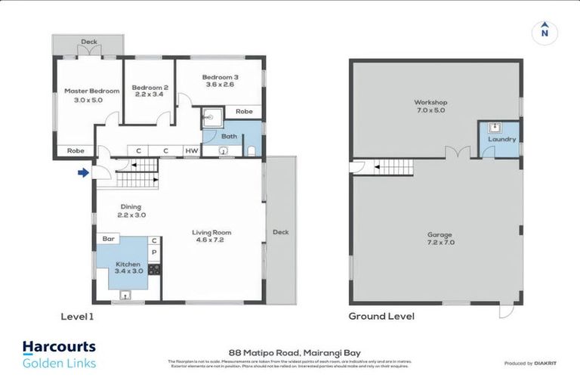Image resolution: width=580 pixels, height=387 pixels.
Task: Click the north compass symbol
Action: tap(543, 32)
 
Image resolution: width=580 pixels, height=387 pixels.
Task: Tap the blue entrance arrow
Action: tap(82, 173)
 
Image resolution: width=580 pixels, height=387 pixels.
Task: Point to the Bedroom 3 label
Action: tap(220, 77)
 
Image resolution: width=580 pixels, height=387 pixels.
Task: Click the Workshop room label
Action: tap(430, 102)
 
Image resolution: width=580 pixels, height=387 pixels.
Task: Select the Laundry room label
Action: tap(502, 139)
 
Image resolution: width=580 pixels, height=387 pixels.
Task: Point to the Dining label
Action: tap(131, 207)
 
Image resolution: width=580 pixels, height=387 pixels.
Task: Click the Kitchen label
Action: tap(128, 265)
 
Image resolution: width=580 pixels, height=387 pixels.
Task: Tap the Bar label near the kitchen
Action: tap(108, 240)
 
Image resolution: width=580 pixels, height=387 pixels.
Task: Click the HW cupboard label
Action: tap(192, 150)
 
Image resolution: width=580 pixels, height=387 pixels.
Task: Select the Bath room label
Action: tap(229, 137)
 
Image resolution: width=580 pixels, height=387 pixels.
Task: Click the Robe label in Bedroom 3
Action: tap(243, 112)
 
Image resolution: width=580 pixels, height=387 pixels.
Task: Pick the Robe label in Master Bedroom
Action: tap(76, 150)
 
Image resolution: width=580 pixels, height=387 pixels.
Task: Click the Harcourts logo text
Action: tap(59, 347)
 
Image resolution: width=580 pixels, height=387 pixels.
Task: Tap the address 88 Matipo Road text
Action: tap(289, 351)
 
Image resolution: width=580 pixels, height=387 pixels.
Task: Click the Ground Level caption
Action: tap(381, 316)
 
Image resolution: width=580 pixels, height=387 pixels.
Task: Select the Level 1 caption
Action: tap(76, 316)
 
